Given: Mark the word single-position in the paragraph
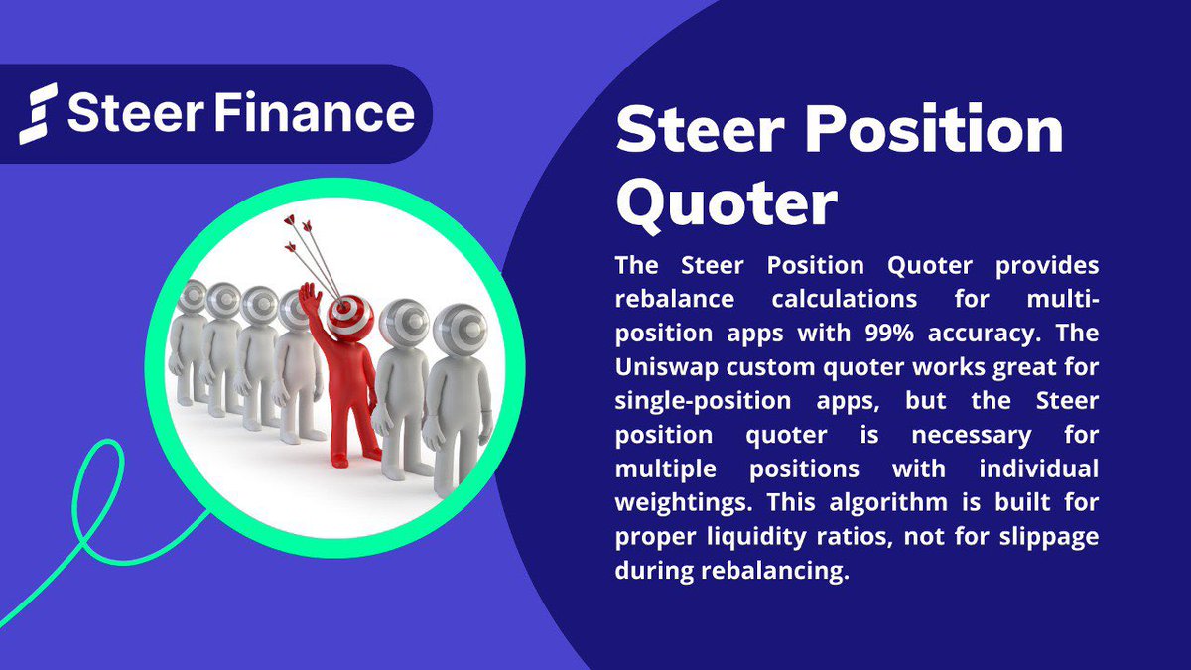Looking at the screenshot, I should click(x=702, y=400).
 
